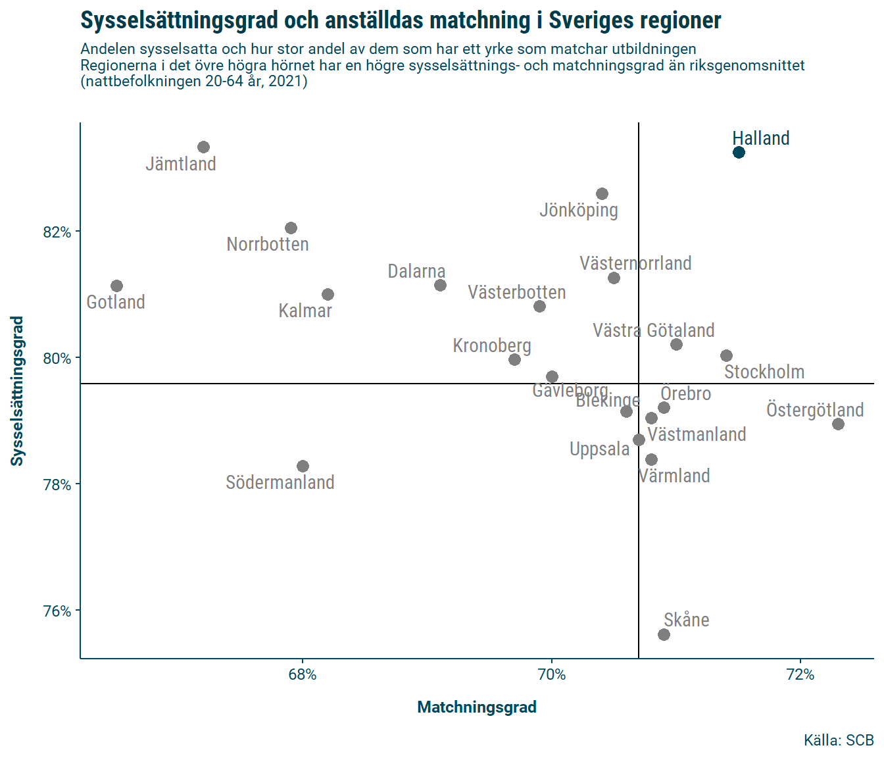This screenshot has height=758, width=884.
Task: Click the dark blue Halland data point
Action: pos(739,153)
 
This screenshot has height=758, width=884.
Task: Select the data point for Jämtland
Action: pos(203,147)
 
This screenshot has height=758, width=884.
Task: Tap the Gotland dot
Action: pos(116,286)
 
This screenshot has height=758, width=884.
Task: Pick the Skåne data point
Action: pos(664,634)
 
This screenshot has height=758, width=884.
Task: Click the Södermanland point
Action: pos(303,466)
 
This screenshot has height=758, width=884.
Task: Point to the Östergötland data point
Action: pos(838,424)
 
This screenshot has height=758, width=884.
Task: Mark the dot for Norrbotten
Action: pos(291,228)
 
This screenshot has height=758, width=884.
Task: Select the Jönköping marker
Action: pos(602,193)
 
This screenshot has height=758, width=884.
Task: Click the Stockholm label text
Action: pos(764,372)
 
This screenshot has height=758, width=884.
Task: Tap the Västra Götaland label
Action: pos(653,330)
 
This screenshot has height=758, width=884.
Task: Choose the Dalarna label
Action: pos(416,271)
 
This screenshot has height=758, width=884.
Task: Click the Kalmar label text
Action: pos(305,311)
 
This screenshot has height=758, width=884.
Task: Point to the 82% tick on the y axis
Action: pos(57,232)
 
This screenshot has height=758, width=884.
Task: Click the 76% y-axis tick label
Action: pos(57,611)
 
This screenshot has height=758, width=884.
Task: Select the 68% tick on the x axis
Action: pos(303,674)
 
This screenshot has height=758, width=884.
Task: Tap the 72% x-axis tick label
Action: pos(800,674)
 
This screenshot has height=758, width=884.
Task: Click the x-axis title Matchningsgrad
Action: pos(477,707)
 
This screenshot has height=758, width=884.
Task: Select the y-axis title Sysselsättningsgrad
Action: pos(17,391)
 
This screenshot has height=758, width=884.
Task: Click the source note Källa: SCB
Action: pos(839,740)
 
